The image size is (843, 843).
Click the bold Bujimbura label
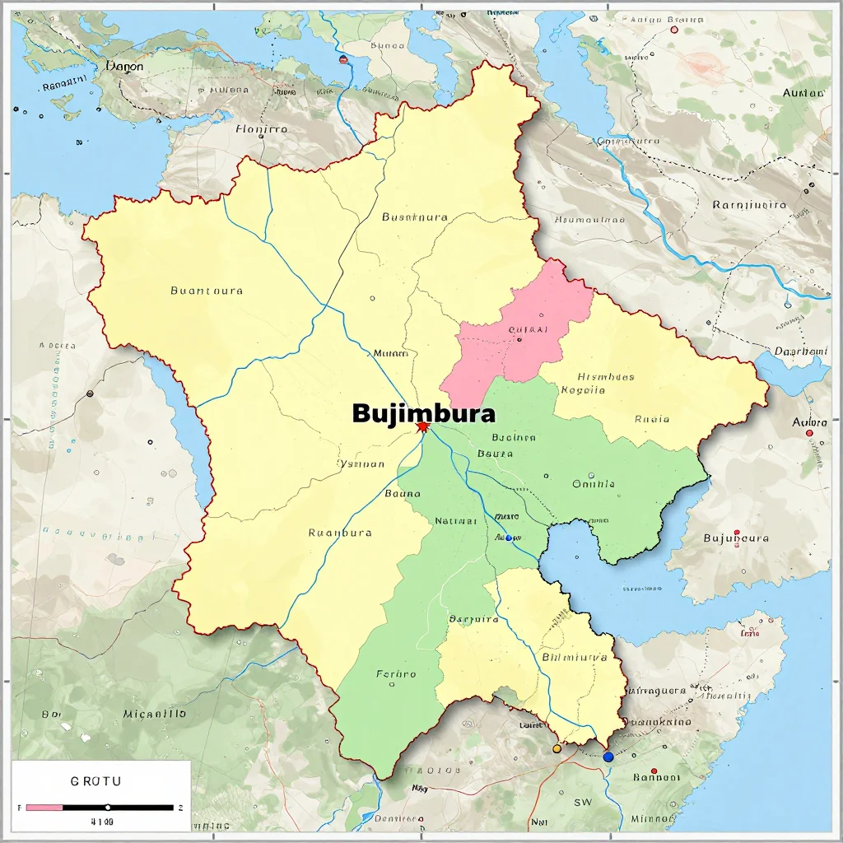[x=424, y=412]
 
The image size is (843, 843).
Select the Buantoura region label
[x=207, y=291]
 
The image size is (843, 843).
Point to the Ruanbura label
[x=340, y=533]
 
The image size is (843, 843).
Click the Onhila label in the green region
[x=594, y=484]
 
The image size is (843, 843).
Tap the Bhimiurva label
[x=575, y=658]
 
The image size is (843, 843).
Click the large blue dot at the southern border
[x=608, y=757]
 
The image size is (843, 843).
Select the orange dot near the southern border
[x=557, y=749]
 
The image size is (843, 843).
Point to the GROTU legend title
[x=96, y=780]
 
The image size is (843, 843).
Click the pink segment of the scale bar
[x=44, y=808]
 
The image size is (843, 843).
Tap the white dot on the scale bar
[x=108, y=808]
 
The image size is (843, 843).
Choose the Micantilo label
[x=155, y=714]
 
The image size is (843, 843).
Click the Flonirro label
[x=262, y=129]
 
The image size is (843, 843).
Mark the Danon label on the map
[x=125, y=66]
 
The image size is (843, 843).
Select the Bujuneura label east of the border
[x=736, y=538]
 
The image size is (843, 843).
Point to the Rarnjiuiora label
[x=749, y=205]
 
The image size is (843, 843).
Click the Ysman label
[x=362, y=463]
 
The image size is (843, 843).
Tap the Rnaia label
[x=652, y=419]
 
